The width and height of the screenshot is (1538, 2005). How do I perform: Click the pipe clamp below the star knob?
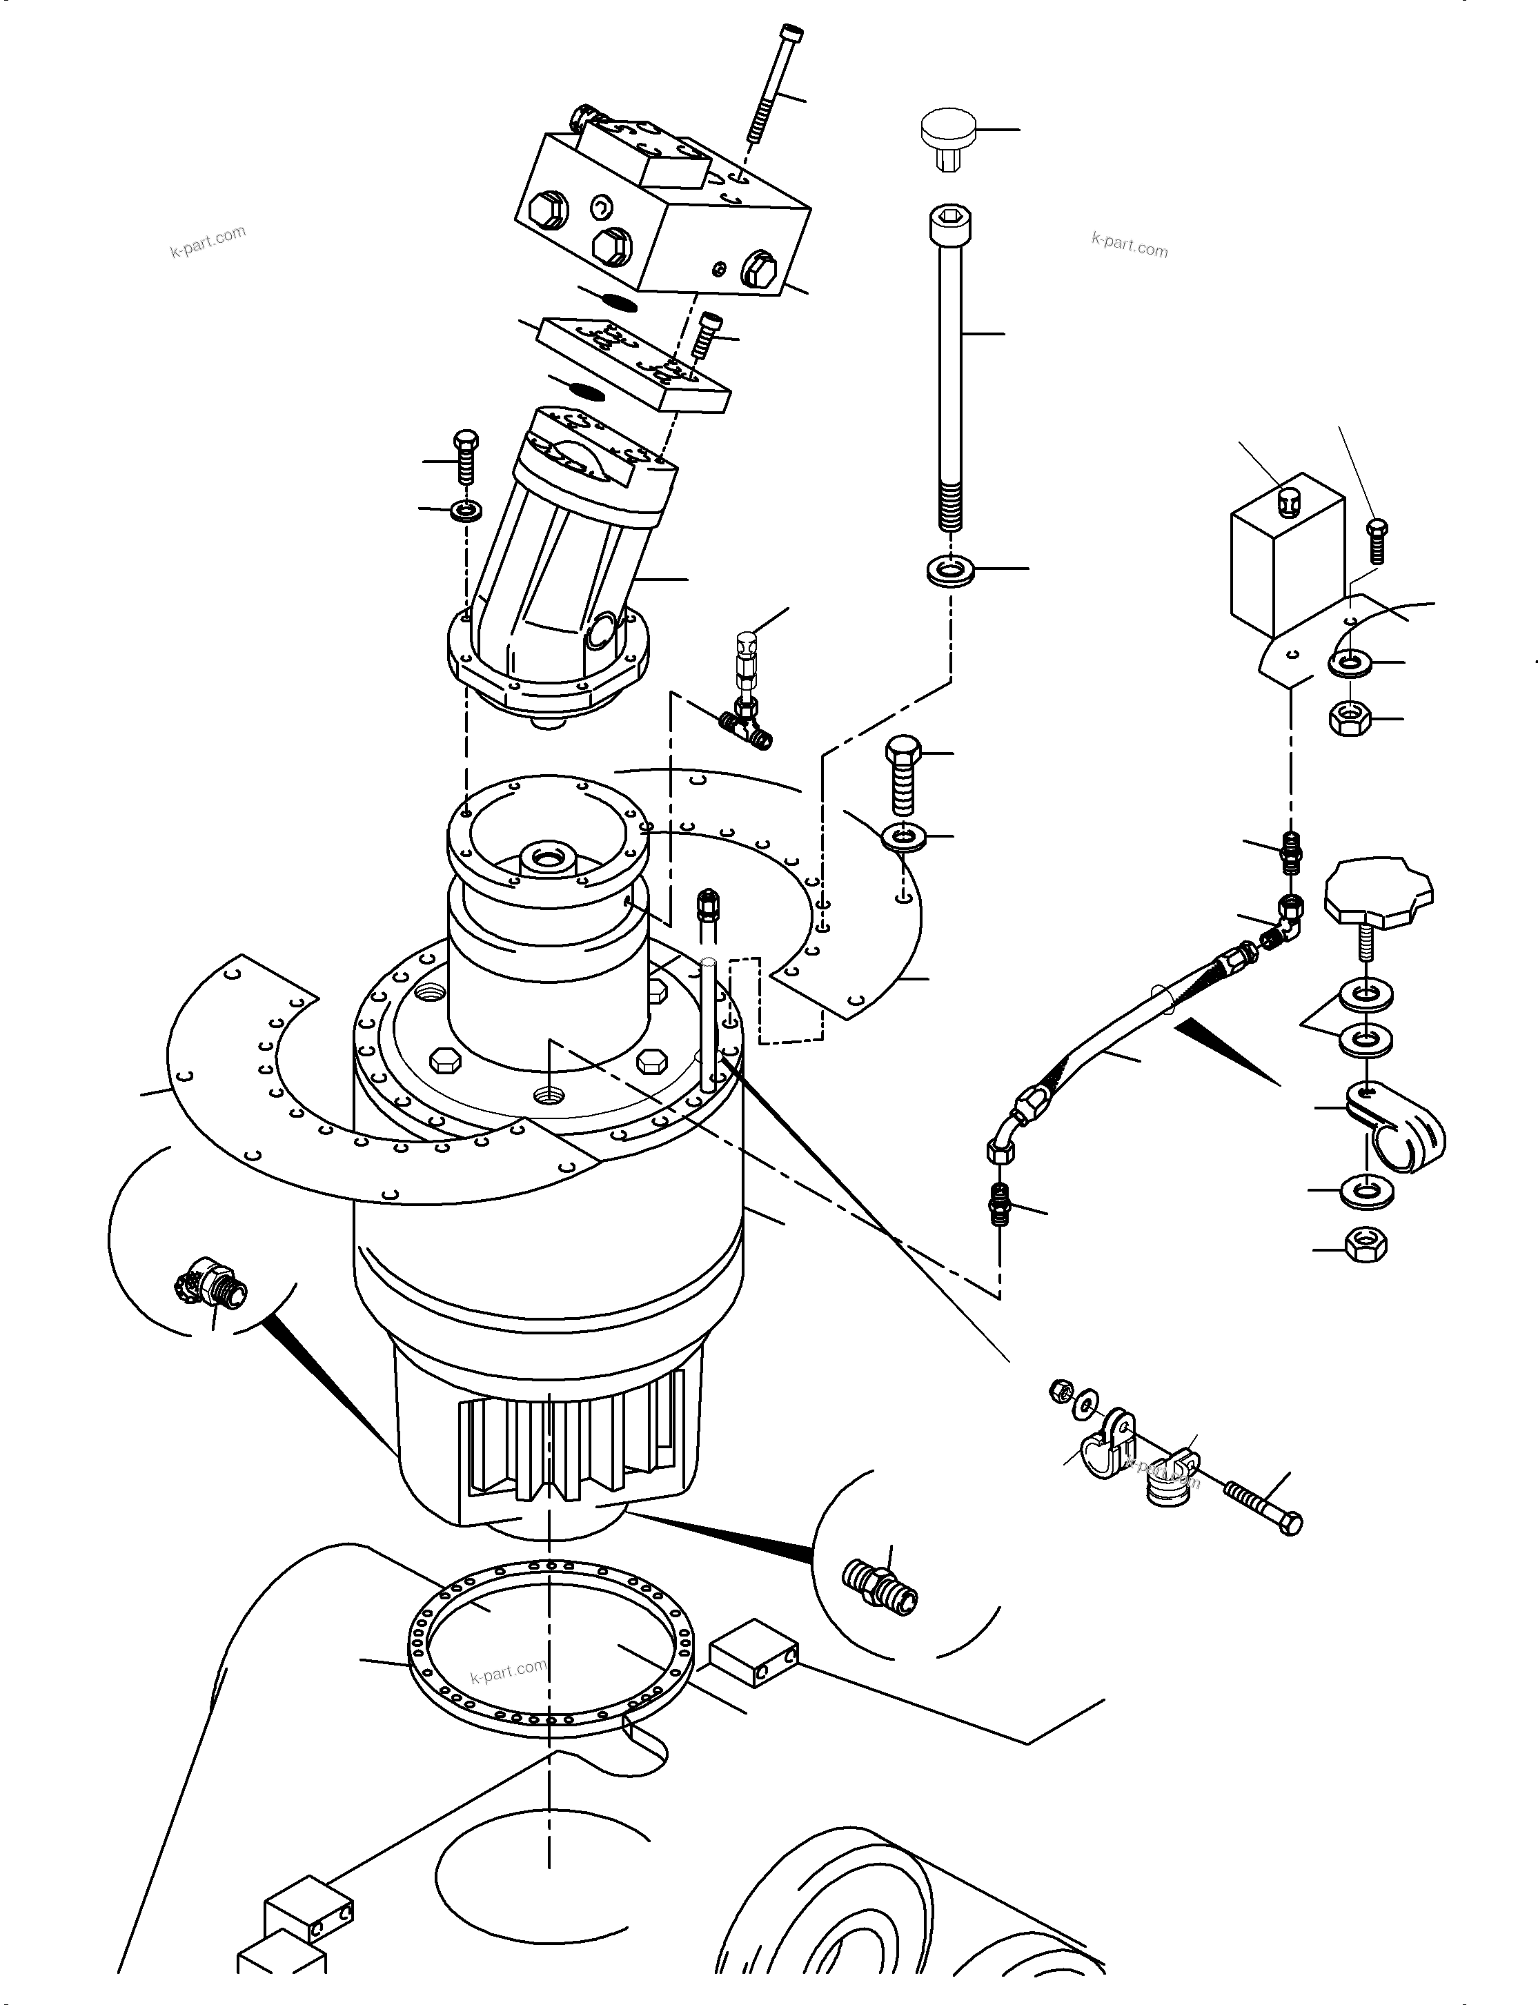click(1396, 1127)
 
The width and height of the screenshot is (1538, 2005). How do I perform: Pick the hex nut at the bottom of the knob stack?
click(1365, 1244)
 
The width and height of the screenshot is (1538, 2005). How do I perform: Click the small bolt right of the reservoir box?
click(1376, 541)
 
